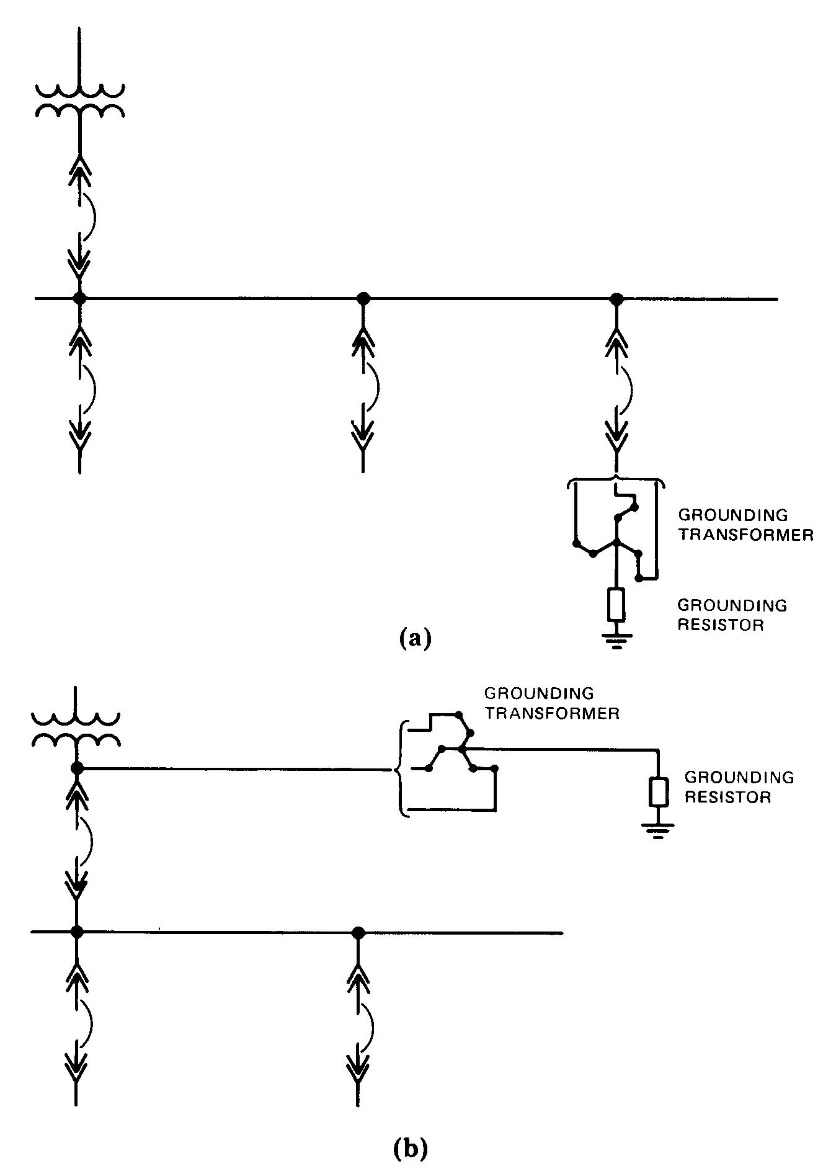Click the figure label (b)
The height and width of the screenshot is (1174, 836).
410,1149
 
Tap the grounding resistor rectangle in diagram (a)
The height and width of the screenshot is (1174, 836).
616,605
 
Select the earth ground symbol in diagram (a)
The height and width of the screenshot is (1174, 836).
616,641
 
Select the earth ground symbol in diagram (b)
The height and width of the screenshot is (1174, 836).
658,830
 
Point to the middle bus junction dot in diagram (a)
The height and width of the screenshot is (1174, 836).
363,299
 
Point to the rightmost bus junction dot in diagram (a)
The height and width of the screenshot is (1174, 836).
616,299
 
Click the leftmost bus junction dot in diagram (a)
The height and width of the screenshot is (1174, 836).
79,299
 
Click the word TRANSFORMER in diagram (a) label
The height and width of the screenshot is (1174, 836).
745,535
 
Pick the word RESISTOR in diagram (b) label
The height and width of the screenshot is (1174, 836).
727,797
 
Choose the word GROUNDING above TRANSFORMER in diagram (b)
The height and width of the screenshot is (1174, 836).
538,693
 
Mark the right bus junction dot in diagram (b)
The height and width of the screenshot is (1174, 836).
357,932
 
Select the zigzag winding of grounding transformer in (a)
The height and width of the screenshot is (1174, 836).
616,536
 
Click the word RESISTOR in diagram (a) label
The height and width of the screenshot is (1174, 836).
720,625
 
